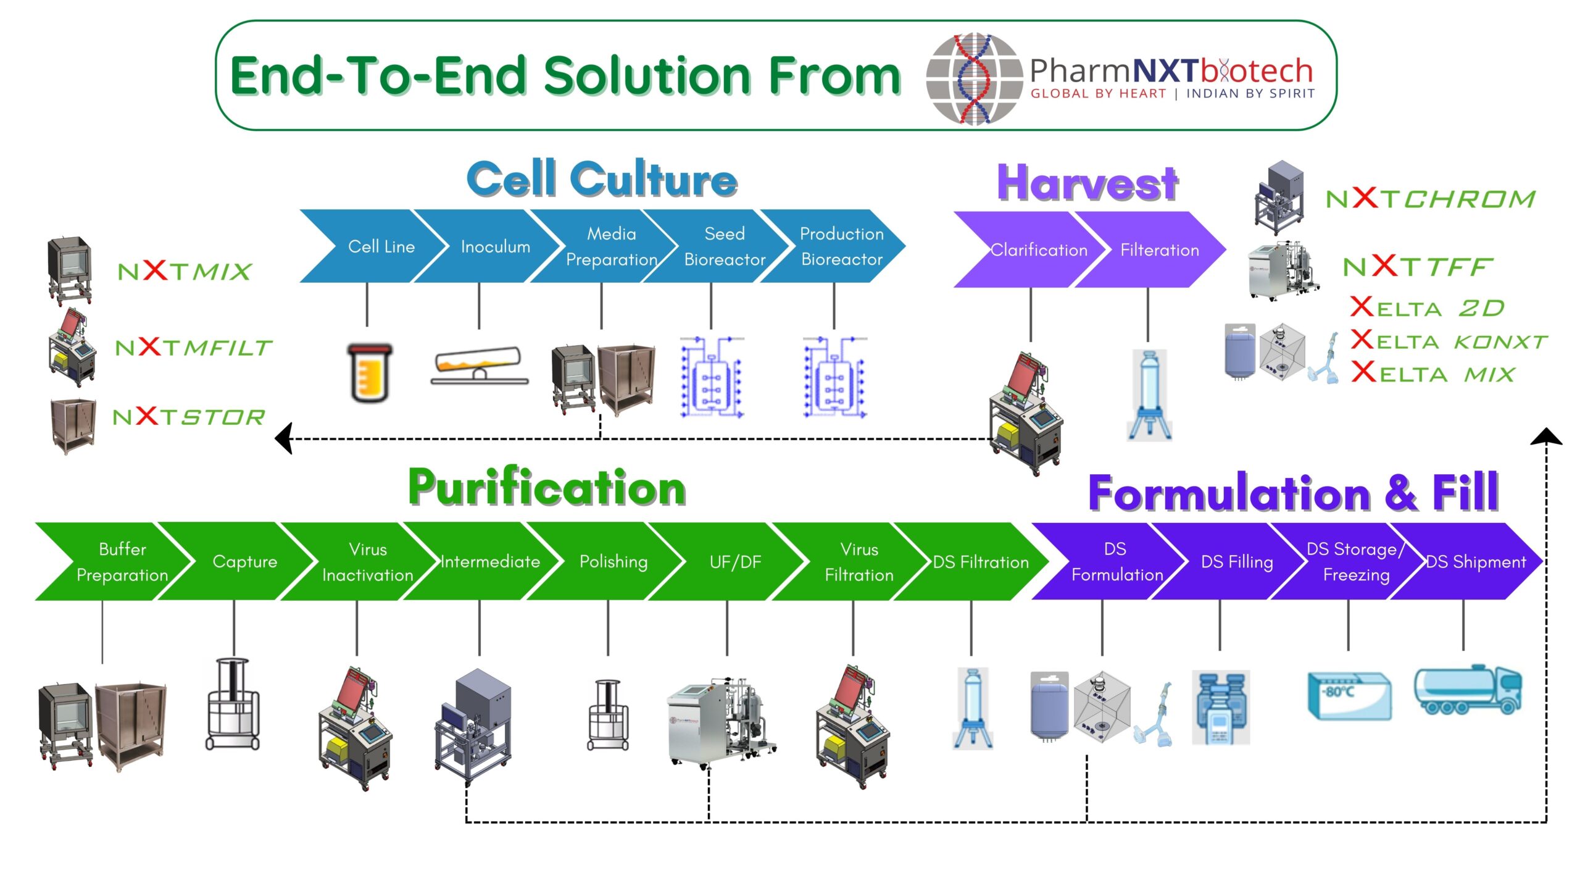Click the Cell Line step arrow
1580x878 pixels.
pos(373,246)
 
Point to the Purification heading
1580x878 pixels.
pos(547,488)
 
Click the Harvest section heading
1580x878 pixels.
pos(1087,183)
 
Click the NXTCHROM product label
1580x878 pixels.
pos(1430,199)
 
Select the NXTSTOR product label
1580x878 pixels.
pos(189,417)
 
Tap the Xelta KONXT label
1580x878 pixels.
pos(1449,341)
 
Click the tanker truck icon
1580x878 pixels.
pos(1468,690)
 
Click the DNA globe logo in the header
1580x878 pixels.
pos(974,78)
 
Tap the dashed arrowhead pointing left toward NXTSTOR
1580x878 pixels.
pos(284,439)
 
